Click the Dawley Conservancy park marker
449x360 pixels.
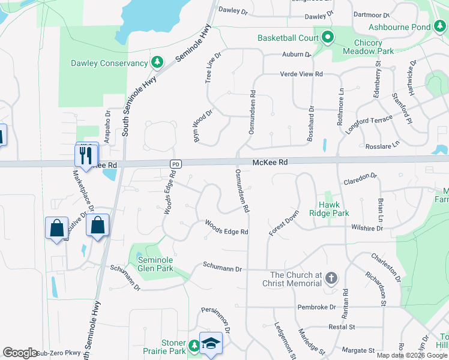tap(157, 62)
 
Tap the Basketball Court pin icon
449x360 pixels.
tap(327, 38)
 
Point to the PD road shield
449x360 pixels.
tap(175, 164)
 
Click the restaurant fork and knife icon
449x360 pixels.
tap(84, 156)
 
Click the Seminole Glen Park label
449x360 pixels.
tap(155, 264)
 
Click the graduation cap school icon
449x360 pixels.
tap(211, 343)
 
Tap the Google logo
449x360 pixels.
tap(20, 352)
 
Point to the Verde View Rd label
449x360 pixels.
tap(301, 74)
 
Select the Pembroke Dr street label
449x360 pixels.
tap(316, 307)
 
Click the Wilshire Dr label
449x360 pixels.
tap(367, 228)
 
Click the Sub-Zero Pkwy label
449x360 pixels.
tap(59, 353)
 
